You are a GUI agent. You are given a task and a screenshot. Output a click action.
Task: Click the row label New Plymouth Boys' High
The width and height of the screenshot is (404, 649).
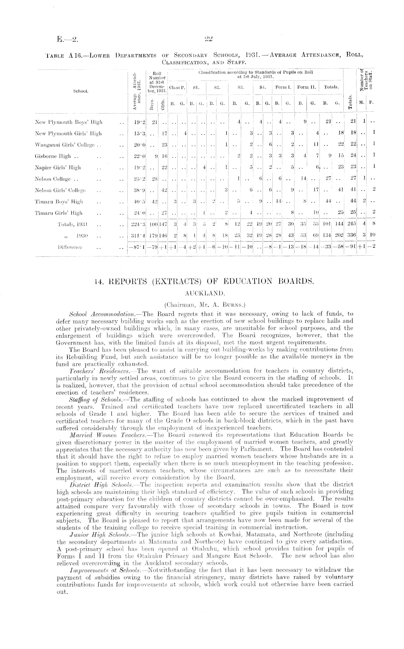point(69,122)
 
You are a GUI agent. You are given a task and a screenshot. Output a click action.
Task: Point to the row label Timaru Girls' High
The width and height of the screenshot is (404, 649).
point(58,213)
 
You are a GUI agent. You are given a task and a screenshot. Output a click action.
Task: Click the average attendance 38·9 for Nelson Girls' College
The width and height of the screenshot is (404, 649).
point(139,190)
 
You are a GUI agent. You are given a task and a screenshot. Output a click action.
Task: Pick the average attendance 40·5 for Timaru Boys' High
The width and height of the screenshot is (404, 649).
point(139,202)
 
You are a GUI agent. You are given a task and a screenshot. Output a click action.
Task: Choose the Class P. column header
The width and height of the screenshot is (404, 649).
point(178,87)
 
